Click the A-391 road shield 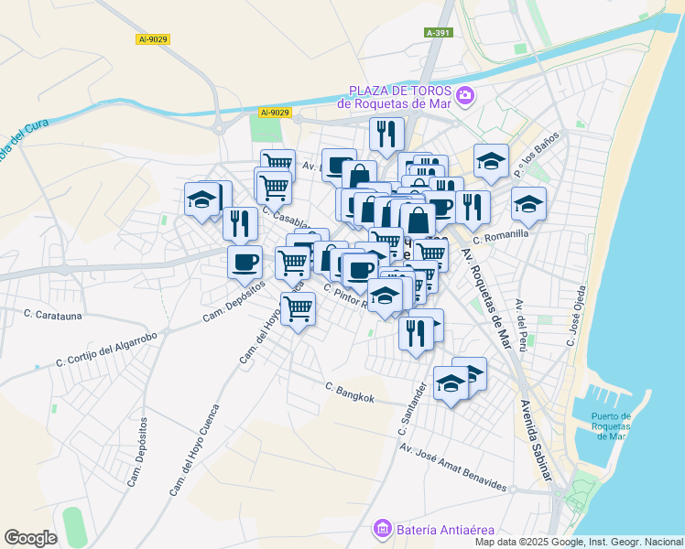[x=439, y=32]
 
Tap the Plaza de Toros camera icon [x=465, y=95]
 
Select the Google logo [x=30, y=538]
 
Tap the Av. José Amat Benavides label [x=452, y=466]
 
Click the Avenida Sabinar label [x=538, y=440]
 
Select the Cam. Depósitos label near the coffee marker [x=234, y=301]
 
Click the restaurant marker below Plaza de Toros [x=386, y=135]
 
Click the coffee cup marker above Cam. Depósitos [x=245, y=261]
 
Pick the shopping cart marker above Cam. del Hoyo [x=298, y=309]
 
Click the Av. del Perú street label [x=522, y=317]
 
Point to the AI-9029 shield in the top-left [x=152, y=38]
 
